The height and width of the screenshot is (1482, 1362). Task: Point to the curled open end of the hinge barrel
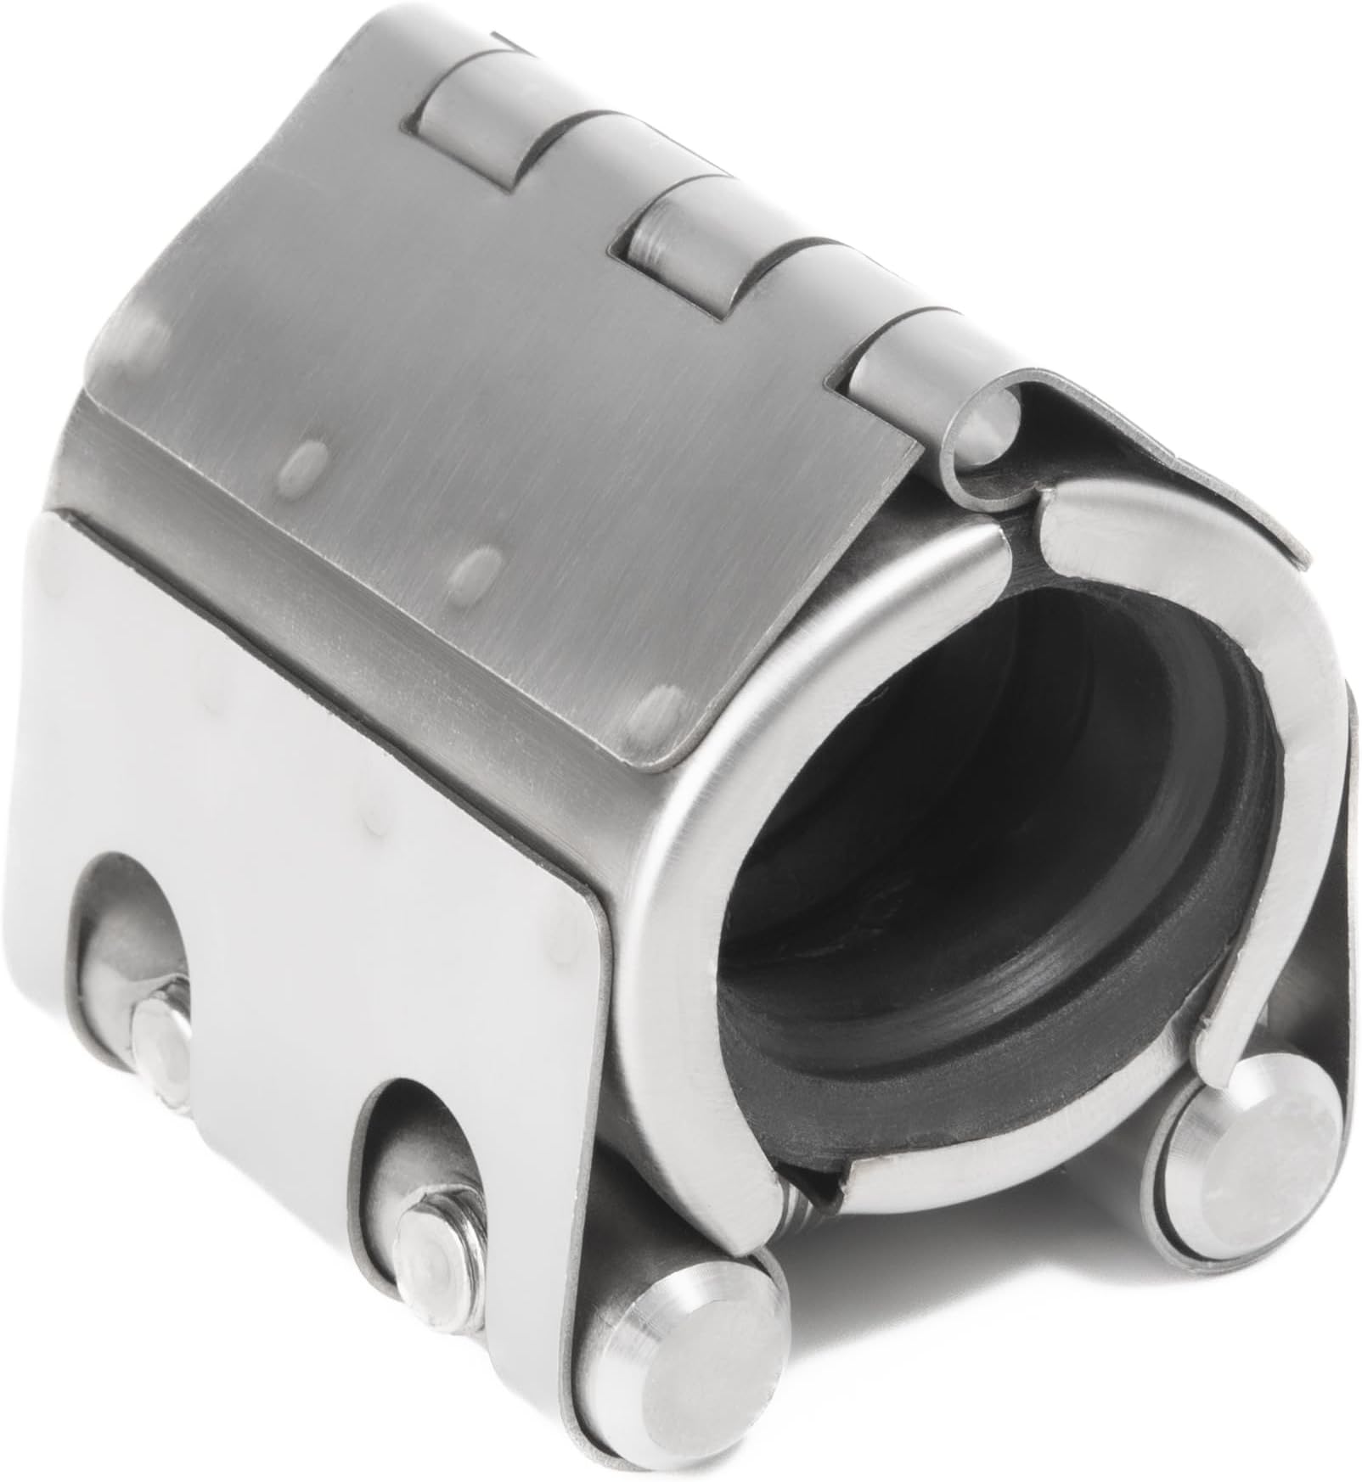985,437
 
